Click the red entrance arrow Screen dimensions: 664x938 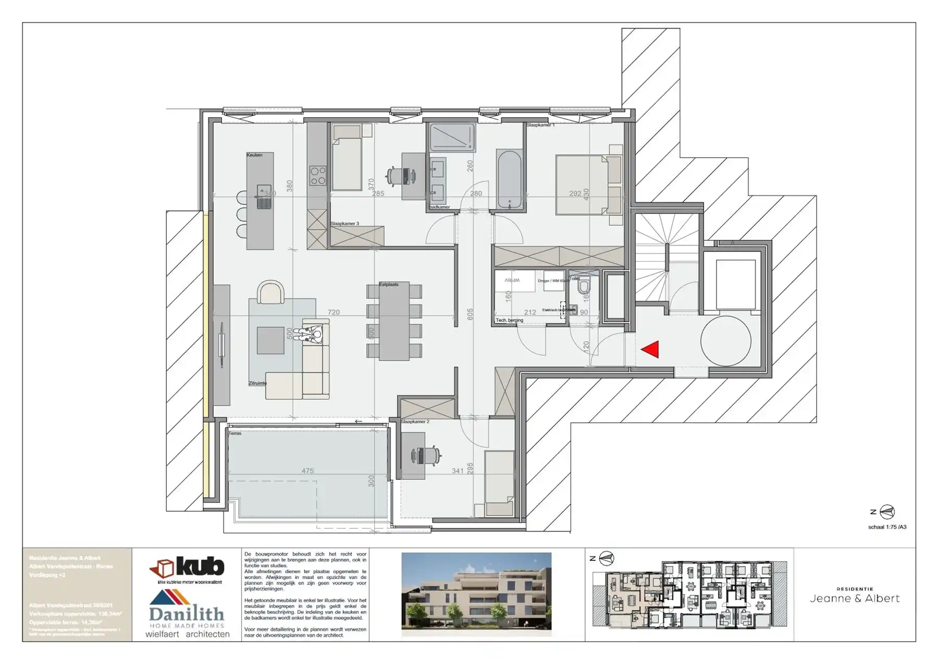[651, 349]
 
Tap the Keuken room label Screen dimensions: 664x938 [254, 155]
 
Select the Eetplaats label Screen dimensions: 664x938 [389, 285]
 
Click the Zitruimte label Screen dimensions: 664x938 [257, 383]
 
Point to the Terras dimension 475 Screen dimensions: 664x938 [307, 471]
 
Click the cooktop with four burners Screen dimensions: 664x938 [317, 176]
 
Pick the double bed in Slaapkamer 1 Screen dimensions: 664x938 [583, 185]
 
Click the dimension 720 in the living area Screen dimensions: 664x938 [334, 312]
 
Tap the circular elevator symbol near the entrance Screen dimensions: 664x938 [725, 341]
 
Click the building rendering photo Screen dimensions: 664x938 [476, 594]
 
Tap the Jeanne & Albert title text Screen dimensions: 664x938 [854, 598]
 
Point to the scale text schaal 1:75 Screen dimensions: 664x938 [887, 527]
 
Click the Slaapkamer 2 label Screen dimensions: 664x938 [415, 421]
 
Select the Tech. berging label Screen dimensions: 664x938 [509, 320]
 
